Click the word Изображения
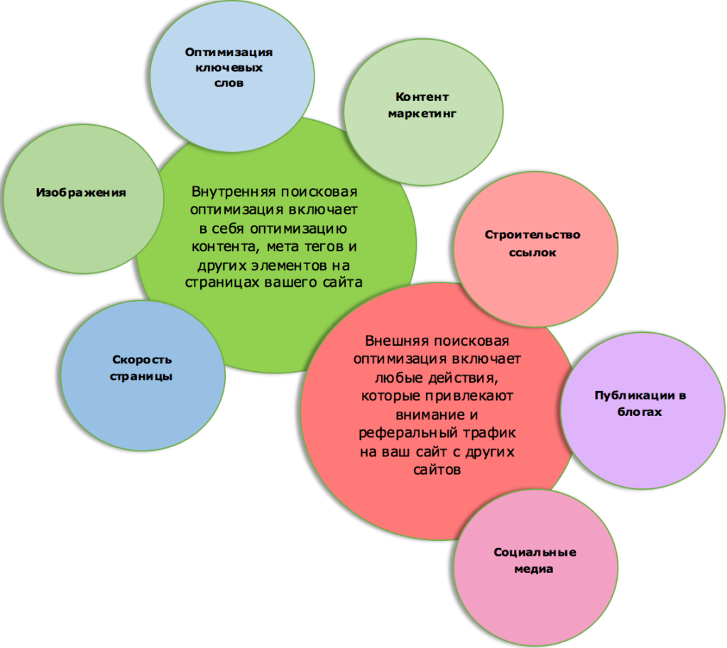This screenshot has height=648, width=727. tap(81, 192)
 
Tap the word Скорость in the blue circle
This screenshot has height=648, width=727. tap(142, 360)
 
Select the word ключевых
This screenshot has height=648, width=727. tap(229, 68)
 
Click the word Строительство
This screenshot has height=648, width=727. tap(532, 235)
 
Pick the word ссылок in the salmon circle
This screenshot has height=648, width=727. tap(532, 252)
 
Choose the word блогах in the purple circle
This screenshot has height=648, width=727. tap(640, 412)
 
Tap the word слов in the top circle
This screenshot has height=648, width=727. tap(229, 84)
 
